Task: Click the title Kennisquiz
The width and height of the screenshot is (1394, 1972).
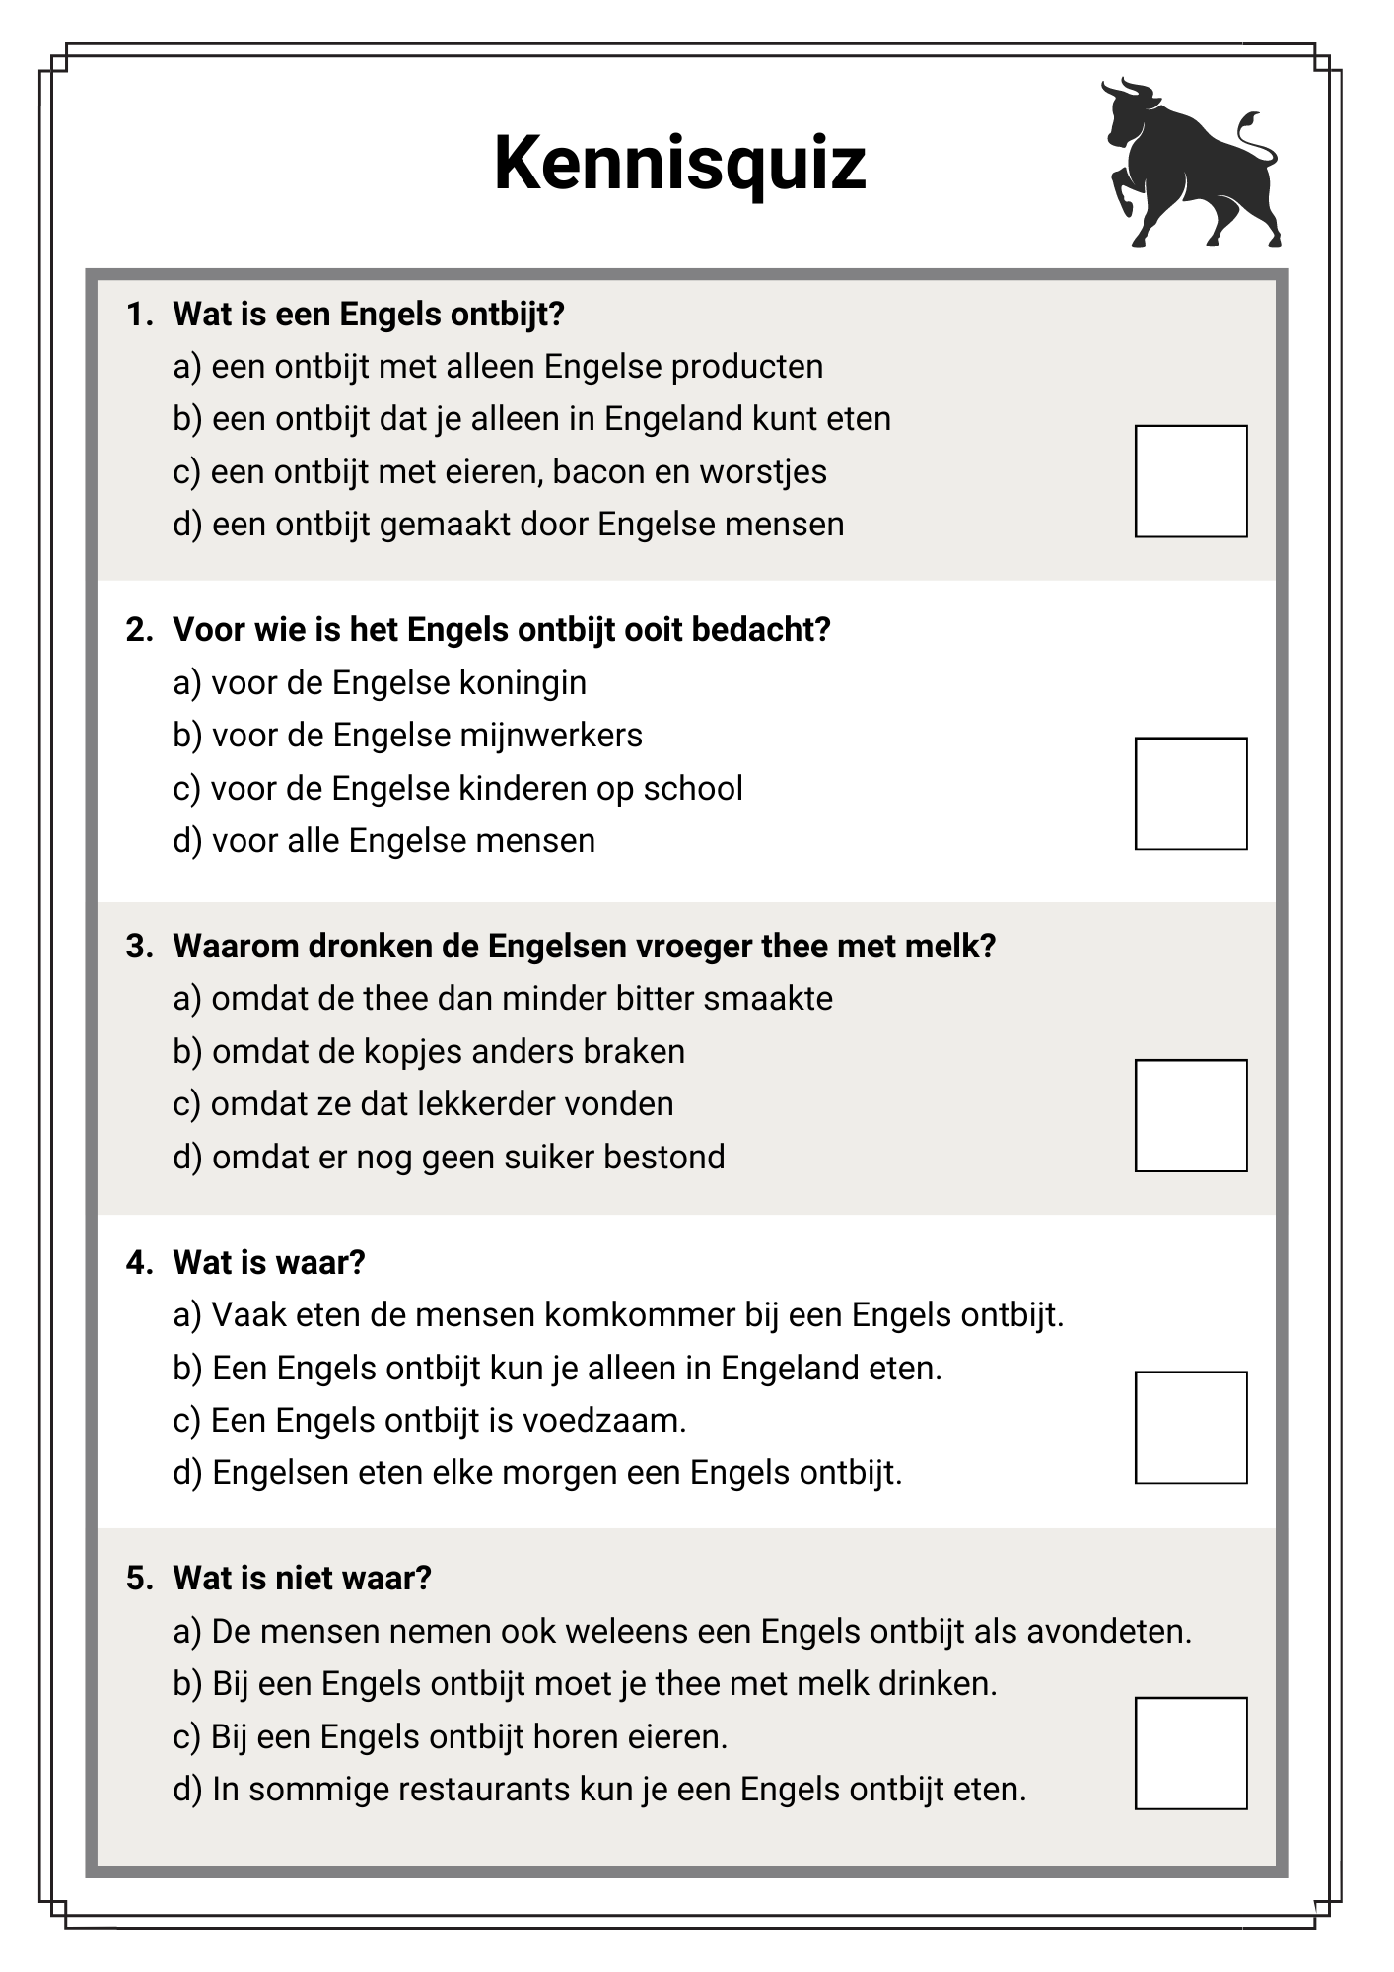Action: tap(679, 163)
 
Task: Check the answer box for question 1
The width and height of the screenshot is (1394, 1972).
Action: tap(1190, 481)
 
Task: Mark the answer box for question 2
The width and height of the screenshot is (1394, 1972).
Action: tap(1190, 793)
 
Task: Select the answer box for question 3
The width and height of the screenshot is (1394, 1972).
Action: tap(1190, 1115)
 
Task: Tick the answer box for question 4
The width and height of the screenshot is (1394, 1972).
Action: tap(1190, 1427)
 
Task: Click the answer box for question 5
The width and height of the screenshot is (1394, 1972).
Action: tap(1190, 1753)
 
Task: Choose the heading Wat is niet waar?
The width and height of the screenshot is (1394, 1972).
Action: tap(302, 1579)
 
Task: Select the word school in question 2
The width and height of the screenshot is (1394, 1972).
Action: tap(692, 789)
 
